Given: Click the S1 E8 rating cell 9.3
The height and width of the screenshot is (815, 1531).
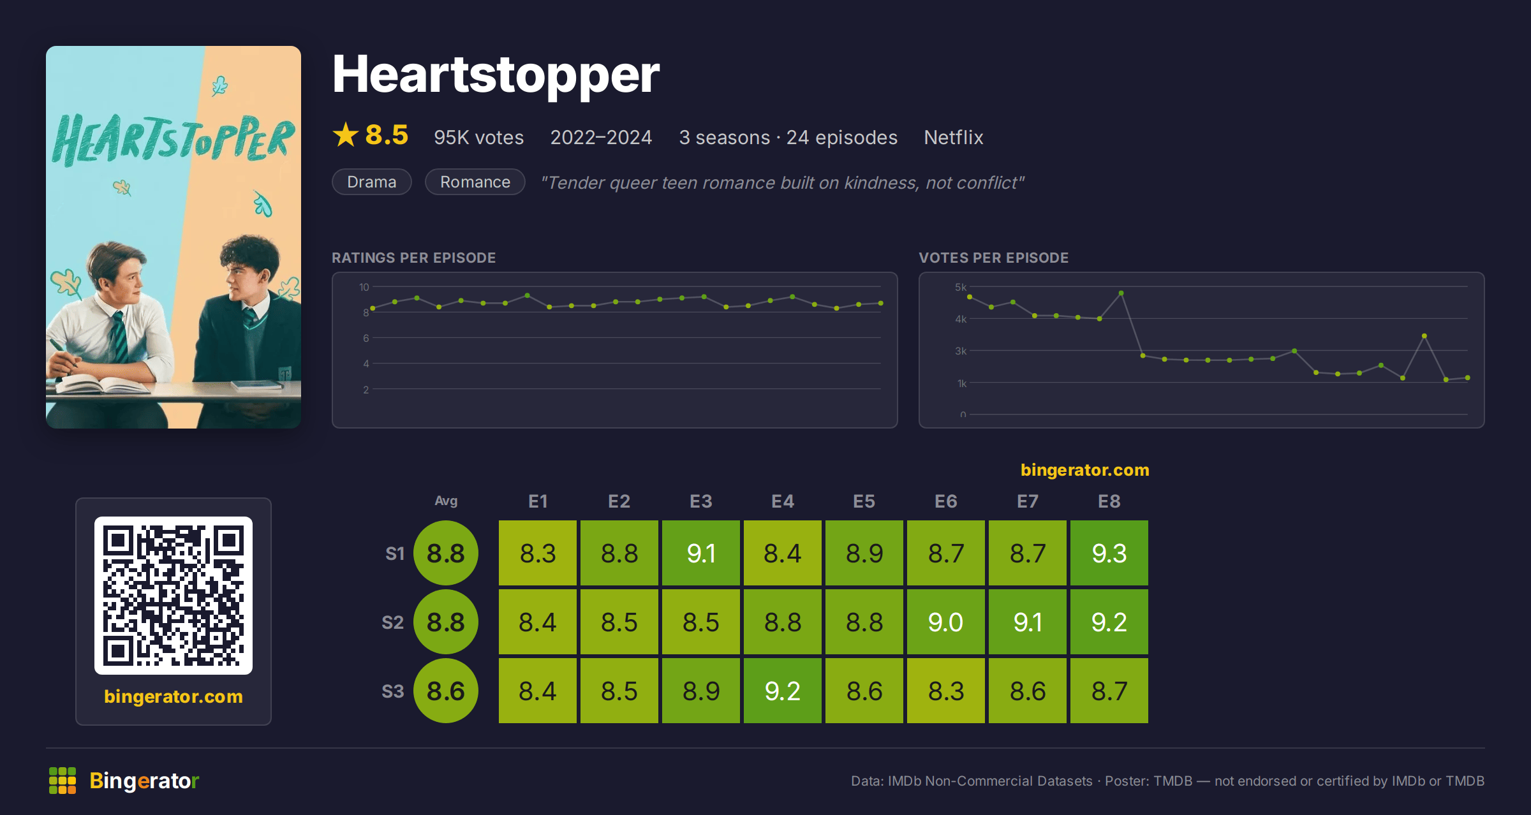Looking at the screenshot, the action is click(1109, 553).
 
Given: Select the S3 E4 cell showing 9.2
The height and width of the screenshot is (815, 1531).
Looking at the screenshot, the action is click(783, 691).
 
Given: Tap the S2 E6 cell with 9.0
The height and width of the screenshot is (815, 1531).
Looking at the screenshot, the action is click(946, 622).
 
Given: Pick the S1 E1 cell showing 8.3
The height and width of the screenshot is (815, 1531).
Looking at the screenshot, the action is click(538, 553).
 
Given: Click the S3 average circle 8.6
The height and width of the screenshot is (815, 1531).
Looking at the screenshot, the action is click(446, 691).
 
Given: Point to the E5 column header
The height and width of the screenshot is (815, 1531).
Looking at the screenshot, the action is click(864, 501).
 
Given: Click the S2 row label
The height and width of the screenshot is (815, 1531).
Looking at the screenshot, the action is click(393, 622).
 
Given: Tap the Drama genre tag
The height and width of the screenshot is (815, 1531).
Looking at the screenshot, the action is click(372, 182).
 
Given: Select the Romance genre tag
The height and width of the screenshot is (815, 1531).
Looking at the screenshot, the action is click(475, 182).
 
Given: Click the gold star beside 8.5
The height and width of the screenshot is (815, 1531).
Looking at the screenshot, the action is click(346, 135).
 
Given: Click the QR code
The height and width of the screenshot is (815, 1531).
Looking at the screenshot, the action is click(174, 596).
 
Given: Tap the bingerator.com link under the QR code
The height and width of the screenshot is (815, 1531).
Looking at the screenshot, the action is click(174, 696).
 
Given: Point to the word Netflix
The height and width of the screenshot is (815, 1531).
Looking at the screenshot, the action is click(954, 137).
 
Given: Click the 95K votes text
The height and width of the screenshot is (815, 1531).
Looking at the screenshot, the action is click(479, 137).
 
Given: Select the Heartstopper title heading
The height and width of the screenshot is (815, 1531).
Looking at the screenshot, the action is click(496, 75).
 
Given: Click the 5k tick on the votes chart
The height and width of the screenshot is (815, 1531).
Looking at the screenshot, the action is click(961, 287).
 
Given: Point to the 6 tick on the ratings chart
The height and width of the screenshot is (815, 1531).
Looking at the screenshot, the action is click(366, 338).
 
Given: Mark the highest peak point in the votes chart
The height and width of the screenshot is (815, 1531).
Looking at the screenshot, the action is click(1121, 293).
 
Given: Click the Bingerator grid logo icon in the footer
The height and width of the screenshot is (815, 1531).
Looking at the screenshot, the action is click(63, 781).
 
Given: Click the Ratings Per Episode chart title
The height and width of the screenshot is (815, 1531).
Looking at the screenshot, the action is click(414, 258).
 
